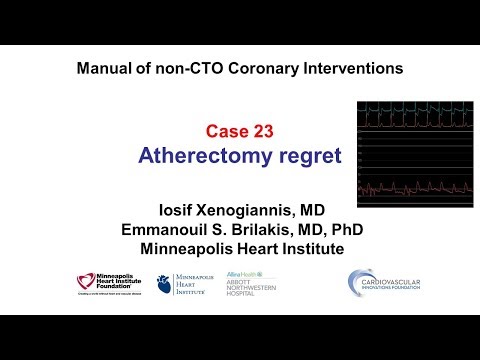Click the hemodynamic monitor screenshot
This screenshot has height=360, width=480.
pyautogui.click(x=415, y=149)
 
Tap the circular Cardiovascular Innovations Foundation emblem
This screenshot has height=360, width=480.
pyautogui.click(x=362, y=282)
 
